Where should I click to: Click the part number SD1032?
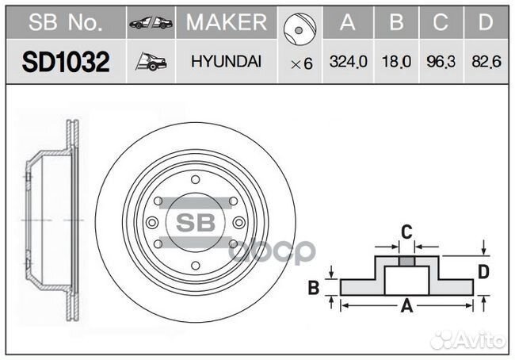(x=66, y=62)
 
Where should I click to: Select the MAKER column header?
(x=227, y=22)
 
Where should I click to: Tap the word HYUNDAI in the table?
(x=227, y=62)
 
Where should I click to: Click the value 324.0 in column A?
(x=348, y=62)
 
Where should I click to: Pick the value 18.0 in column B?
(x=396, y=62)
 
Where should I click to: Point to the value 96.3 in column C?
(x=441, y=62)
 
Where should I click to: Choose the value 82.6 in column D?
(x=486, y=62)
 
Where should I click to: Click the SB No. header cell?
(x=66, y=22)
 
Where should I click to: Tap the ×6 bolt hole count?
(x=302, y=63)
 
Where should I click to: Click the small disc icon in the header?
(x=299, y=29)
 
